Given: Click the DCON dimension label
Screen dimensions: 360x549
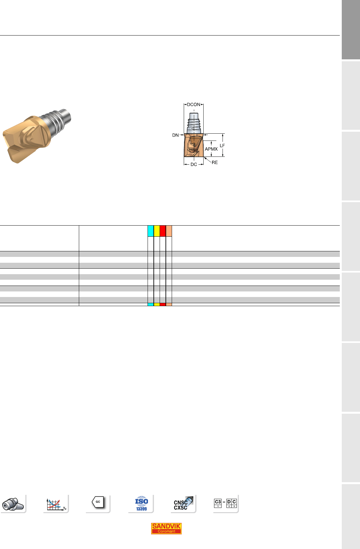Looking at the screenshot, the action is (x=194, y=104).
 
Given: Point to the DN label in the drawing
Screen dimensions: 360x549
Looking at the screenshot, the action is (x=175, y=135).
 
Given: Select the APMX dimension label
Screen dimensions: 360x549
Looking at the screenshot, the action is (x=211, y=149).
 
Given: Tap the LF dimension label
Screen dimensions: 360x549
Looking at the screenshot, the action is (x=222, y=146).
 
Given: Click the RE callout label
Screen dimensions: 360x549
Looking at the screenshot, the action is (x=214, y=162).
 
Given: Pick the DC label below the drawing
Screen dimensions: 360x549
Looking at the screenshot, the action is (x=194, y=164).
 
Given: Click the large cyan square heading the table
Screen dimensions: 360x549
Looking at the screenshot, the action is (x=151, y=231).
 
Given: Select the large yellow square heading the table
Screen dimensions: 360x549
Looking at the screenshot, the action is (x=157, y=231).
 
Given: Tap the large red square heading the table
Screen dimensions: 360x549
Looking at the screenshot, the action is (x=163, y=231).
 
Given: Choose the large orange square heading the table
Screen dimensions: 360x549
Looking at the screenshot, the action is (x=169, y=231).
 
